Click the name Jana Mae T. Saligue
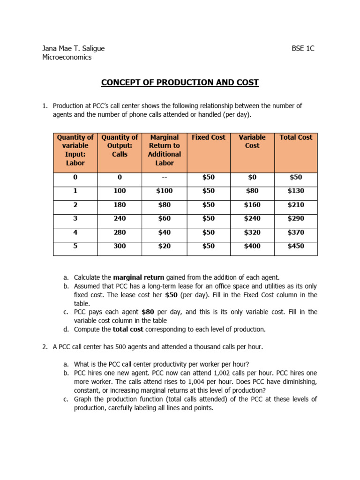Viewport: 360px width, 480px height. tap(74, 48)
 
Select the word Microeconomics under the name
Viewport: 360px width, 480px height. tap(67, 57)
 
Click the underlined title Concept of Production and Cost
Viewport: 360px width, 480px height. tap(180, 82)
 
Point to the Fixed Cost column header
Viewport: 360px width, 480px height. tap(208, 137)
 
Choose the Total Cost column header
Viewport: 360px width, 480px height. tap(296, 137)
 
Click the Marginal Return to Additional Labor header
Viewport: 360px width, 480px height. tap(164, 150)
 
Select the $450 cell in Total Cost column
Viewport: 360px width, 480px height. tap(296, 246)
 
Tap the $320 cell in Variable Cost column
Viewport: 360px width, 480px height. tap(252, 232)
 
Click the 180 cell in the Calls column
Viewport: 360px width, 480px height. tap(120, 205)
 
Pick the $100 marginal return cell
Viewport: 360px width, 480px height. tap(164, 191)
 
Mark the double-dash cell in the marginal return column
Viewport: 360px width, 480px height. tap(164, 178)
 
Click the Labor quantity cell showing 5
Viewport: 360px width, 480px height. tap(75, 246)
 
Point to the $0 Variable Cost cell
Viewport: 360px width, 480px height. tap(252, 178)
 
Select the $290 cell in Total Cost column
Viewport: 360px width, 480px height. tap(296, 218)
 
